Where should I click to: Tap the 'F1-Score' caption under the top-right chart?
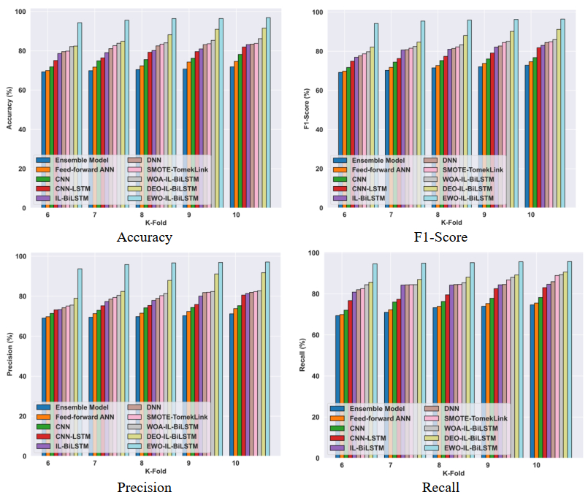(441, 237)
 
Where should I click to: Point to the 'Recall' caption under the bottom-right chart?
(441, 487)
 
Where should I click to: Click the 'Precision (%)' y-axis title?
(9, 356)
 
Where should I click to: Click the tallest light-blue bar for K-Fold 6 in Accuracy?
(80, 117)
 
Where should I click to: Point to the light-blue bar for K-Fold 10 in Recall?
(570, 358)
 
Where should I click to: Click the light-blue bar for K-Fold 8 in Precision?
(173, 358)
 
